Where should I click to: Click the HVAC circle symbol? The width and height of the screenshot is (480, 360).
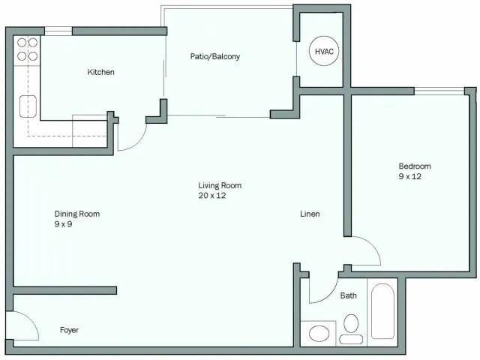click(x=324, y=51)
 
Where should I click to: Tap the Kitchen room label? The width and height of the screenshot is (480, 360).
click(x=101, y=72)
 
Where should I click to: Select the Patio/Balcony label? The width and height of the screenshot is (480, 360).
click(x=214, y=56)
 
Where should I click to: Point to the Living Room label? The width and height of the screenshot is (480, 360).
click(x=220, y=185)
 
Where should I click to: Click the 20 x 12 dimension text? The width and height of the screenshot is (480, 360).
click(x=212, y=195)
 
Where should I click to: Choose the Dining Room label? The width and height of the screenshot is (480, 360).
click(x=77, y=214)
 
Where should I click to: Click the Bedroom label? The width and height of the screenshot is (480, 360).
click(x=415, y=166)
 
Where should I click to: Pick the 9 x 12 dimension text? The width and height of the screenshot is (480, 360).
click(x=411, y=176)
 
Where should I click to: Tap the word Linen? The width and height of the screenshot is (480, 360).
click(x=310, y=214)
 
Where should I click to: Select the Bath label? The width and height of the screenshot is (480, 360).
click(x=349, y=295)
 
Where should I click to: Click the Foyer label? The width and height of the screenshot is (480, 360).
click(x=69, y=330)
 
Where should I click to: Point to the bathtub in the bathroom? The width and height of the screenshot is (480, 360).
click(x=383, y=311)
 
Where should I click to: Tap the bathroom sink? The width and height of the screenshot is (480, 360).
click(x=318, y=334)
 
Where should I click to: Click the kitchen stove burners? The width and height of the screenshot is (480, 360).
click(x=28, y=49)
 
